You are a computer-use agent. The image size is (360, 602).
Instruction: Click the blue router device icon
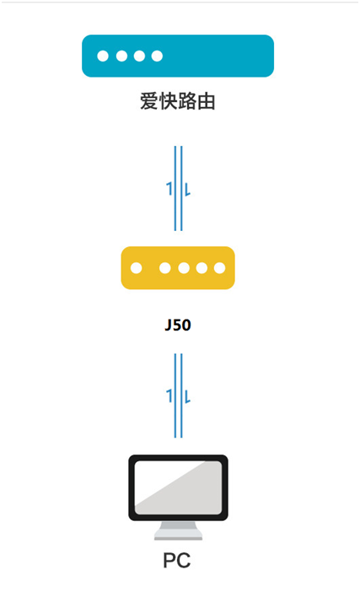178,56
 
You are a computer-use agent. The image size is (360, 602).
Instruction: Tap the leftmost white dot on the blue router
103,56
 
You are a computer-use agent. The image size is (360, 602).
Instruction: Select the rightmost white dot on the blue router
157,56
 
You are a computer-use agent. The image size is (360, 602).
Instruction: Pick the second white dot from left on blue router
121,56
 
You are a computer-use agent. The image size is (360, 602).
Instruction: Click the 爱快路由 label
177,102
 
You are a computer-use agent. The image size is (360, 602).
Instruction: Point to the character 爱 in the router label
149,102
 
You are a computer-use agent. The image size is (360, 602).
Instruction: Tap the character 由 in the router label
206,102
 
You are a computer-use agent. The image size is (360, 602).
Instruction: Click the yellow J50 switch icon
178,268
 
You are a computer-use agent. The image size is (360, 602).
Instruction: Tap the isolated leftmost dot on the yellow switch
137,268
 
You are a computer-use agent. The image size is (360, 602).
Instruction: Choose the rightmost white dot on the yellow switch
219,268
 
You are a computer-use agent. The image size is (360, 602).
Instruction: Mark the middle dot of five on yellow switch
184,268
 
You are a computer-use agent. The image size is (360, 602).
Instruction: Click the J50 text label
178,325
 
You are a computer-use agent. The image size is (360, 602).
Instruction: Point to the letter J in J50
168,325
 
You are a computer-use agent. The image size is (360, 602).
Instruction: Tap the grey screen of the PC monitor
178,487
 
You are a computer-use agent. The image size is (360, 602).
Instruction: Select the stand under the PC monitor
178,530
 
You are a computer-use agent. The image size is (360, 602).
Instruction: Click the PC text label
177,561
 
